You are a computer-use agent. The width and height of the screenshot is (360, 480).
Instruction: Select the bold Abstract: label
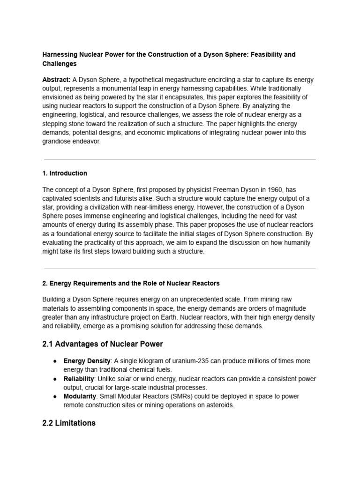pos(57,80)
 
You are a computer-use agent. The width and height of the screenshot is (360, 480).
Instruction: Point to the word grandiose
pos(59,141)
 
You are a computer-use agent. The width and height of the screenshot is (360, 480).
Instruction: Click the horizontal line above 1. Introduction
pos(180,159)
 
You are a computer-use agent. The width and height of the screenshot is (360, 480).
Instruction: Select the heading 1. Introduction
pos(65,173)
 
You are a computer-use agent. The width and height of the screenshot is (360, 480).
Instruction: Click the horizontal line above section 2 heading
pos(180,269)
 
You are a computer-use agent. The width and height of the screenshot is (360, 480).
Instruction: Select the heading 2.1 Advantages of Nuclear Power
pos(103,344)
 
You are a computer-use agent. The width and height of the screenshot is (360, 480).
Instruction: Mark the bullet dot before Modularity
pos(55,397)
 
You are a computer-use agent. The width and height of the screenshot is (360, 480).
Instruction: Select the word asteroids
pos(219,405)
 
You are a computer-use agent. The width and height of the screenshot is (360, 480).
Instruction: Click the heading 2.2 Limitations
pos(69,423)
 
